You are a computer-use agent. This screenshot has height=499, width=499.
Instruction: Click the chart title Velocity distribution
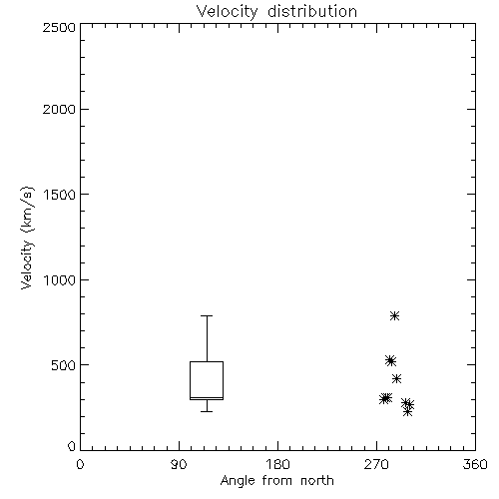tap(276, 12)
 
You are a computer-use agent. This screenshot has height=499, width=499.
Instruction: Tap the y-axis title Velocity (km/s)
tap(27, 238)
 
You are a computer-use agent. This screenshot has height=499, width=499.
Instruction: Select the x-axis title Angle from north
tap(276, 481)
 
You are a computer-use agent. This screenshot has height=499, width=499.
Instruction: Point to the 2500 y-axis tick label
tap(59, 27)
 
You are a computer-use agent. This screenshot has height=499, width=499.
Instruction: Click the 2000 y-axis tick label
tap(59, 109)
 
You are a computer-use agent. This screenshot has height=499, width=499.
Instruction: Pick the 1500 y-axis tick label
tap(60, 195)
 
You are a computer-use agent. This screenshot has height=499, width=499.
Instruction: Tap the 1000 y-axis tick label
tap(60, 280)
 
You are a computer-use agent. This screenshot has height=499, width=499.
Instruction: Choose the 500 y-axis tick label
tap(64, 365)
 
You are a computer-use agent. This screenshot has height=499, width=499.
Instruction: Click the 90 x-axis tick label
tap(179, 464)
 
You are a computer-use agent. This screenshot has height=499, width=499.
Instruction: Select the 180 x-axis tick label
tap(277, 464)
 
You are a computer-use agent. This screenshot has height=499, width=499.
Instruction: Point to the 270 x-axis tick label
tap(376, 464)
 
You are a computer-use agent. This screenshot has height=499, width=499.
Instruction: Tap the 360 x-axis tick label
tap(475, 464)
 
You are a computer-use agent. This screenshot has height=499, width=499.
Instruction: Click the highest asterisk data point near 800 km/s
tap(394, 315)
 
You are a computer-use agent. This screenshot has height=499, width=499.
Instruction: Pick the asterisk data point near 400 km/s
tap(396, 378)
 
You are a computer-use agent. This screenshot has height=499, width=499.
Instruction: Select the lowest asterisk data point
tap(407, 412)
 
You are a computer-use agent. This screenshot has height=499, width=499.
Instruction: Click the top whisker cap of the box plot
tap(207, 315)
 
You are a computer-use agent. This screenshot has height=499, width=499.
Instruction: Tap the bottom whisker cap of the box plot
tap(207, 411)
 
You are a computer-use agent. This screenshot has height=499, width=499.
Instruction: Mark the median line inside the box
tap(207, 397)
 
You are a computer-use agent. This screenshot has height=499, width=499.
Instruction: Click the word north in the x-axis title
tap(317, 481)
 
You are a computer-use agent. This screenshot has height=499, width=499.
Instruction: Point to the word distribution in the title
tap(312, 12)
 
